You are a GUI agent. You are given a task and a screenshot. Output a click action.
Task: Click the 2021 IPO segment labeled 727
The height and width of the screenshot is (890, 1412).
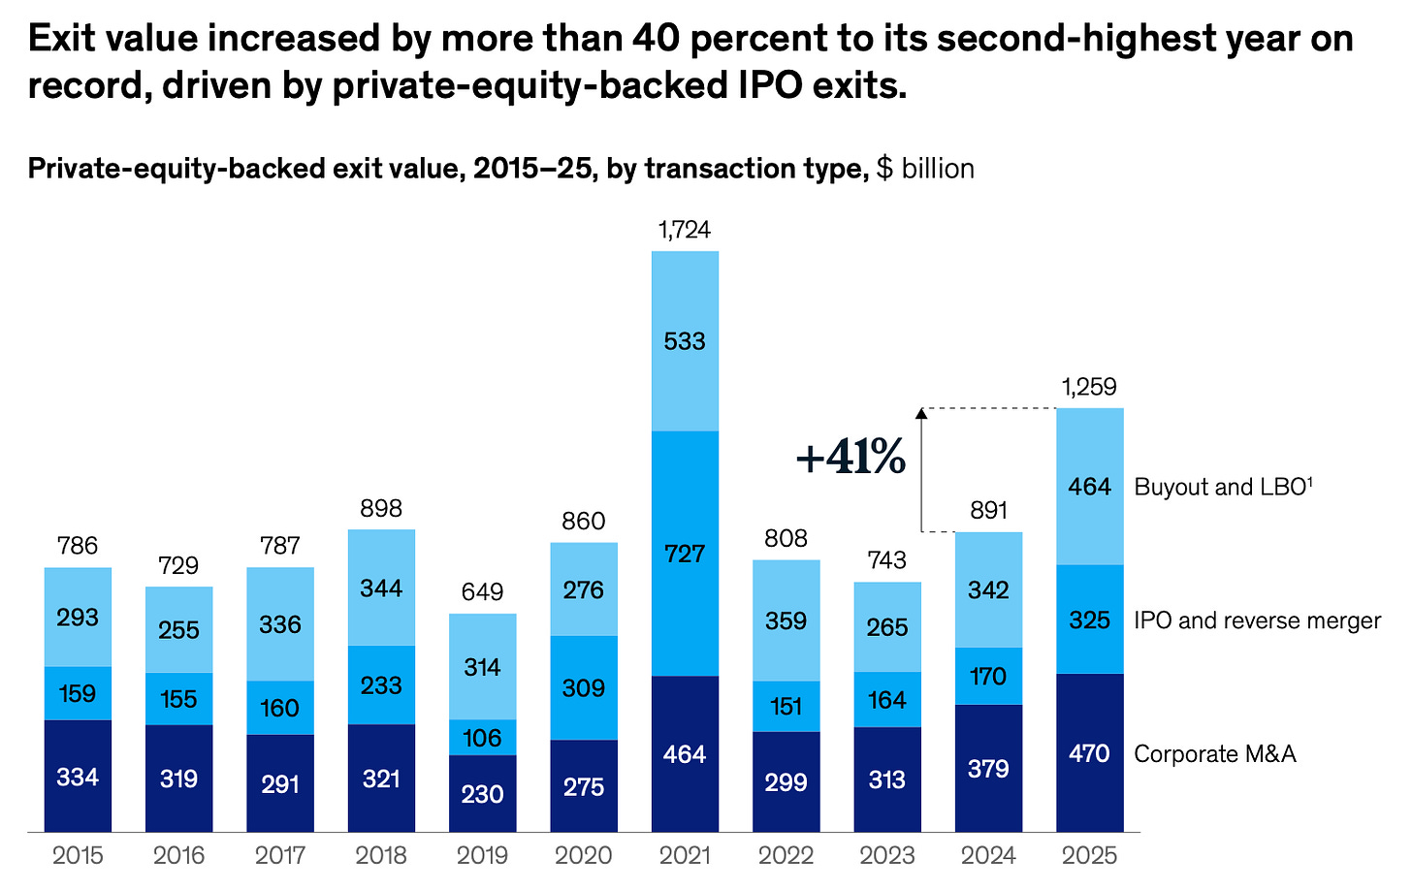tap(685, 554)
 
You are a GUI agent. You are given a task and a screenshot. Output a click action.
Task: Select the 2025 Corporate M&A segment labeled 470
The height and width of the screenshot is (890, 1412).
tap(1089, 753)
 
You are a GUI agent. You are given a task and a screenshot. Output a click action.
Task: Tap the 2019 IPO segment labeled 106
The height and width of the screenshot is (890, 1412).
tap(482, 738)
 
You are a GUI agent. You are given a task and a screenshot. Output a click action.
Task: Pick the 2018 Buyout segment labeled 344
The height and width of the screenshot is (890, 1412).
tap(381, 588)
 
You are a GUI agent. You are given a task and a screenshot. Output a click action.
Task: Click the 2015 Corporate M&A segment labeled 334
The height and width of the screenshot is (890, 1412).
tap(78, 777)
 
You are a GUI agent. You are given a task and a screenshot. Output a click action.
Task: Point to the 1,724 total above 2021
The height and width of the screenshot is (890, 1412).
tap(685, 230)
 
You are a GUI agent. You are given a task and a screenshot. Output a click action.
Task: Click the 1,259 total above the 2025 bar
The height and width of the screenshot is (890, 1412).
tap(1089, 388)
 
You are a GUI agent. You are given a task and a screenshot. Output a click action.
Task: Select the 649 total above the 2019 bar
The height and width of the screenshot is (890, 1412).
tap(482, 592)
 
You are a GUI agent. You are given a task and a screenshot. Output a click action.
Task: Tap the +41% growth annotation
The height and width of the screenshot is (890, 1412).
tap(850, 458)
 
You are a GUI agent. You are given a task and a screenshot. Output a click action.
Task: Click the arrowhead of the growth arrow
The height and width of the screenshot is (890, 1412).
tap(921, 413)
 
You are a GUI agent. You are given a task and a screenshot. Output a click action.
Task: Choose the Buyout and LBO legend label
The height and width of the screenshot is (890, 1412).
tap(1223, 487)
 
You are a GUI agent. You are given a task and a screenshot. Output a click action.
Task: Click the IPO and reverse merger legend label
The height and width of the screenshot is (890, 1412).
tap(1257, 620)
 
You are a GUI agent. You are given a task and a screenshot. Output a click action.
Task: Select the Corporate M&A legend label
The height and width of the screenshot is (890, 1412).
tap(1214, 754)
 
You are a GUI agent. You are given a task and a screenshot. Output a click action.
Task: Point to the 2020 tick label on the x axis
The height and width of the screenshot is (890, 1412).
tap(584, 855)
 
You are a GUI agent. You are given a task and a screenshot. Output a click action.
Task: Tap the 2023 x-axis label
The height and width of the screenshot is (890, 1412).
tap(887, 855)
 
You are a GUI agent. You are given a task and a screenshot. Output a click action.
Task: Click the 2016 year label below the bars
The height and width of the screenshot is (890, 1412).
tap(179, 855)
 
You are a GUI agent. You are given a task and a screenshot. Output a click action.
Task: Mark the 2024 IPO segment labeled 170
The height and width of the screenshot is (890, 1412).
tap(988, 676)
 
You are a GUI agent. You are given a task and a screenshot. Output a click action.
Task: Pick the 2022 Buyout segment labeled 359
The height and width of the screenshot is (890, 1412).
tap(786, 620)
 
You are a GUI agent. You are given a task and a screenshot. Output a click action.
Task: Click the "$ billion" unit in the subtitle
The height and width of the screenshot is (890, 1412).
tap(925, 169)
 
